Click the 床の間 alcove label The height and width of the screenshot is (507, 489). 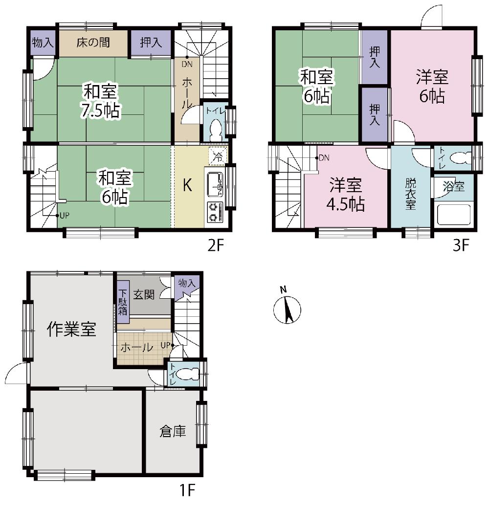(93, 43)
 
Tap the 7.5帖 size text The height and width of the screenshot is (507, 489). (101, 110)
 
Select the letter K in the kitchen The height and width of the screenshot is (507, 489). (188, 185)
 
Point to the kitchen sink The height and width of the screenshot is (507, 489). (215, 184)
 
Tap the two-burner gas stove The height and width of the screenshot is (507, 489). (215, 212)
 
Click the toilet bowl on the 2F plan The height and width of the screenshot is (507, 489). (215, 130)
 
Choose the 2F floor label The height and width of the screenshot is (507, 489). (216, 246)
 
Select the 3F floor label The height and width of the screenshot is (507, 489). (461, 246)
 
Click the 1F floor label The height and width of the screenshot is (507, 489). (187, 490)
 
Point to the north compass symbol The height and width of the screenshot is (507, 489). (287, 307)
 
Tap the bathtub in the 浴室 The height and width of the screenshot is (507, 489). (454, 214)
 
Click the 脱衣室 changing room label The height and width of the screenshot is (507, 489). (410, 194)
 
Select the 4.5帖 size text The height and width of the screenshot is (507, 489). (346, 204)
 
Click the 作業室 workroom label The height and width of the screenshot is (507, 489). (71, 329)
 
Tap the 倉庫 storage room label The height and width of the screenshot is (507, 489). (173, 431)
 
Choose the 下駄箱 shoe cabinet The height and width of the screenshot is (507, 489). (123, 302)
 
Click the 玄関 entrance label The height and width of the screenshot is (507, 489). (144, 294)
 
